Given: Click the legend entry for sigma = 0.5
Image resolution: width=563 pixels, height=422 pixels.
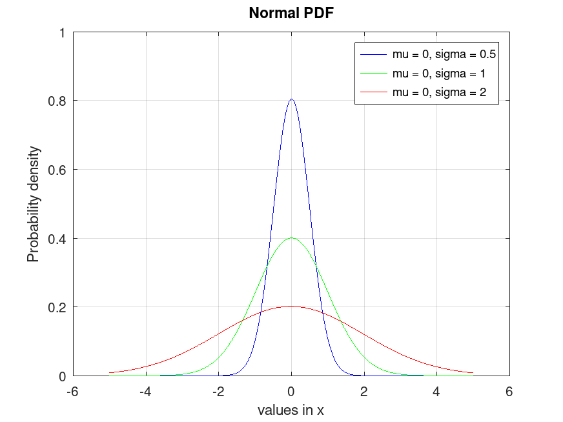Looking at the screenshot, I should click(444, 53).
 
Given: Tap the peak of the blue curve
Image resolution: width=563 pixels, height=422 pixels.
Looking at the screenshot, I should click(291, 99).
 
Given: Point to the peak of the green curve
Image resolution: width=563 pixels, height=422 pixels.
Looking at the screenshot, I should click(291, 238).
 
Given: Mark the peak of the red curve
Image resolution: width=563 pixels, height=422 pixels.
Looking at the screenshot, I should click(291, 306).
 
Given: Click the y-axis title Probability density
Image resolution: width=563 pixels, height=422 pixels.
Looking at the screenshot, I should click(33, 204).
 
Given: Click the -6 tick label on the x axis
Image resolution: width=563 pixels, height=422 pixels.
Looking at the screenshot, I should click(72, 391).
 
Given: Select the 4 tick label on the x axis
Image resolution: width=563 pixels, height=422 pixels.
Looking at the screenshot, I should click(436, 391).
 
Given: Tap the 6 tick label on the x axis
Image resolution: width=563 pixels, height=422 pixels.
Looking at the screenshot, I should click(509, 391).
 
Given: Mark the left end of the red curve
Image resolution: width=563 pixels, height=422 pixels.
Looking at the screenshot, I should click(110, 372).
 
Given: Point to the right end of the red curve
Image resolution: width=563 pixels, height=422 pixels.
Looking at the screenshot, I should click(473, 372).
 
